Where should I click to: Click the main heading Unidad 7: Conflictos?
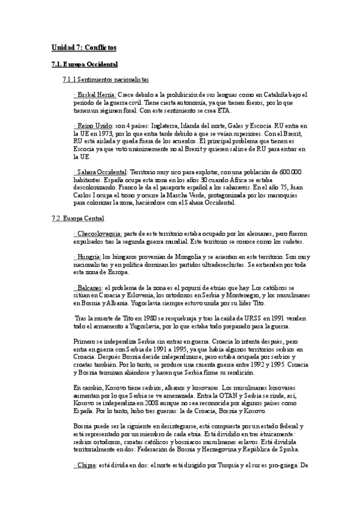[x=84, y=47]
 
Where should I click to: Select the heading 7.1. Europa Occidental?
[x=84, y=64]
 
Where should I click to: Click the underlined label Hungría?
[x=88, y=256]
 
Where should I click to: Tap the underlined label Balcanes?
[x=88, y=286]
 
